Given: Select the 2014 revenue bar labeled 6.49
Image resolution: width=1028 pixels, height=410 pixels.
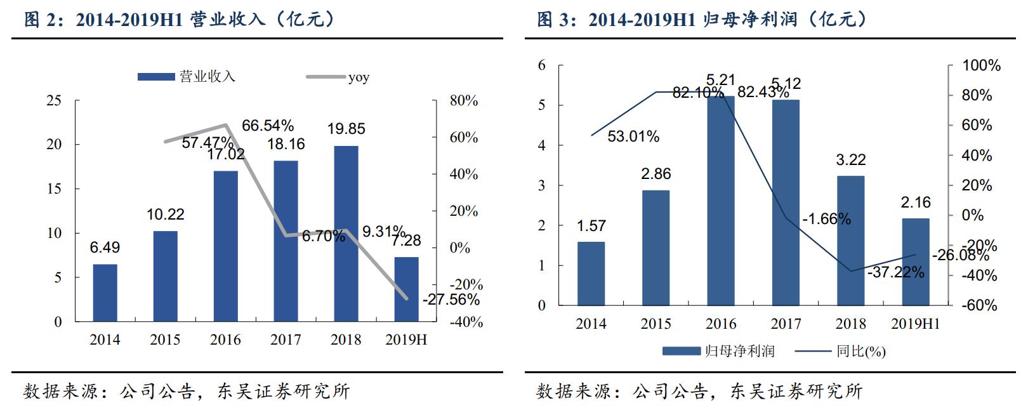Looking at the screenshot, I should [x=105, y=293].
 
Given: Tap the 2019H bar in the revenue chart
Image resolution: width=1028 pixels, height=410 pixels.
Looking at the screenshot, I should [x=406, y=289].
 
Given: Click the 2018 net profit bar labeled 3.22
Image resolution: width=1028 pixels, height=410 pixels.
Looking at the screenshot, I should [x=850, y=241].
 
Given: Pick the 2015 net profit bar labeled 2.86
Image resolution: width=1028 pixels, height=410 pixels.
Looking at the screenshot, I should [x=656, y=248].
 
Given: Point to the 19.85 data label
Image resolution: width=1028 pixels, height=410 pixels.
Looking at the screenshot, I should [x=346, y=129].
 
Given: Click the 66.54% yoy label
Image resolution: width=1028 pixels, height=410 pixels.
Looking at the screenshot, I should [x=267, y=126].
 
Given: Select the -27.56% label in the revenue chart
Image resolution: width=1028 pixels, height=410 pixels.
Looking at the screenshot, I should [x=451, y=300].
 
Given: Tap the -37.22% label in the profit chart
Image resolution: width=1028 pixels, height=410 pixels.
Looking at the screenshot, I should [x=895, y=272].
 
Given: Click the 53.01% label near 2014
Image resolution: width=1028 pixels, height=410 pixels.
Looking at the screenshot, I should [x=633, y=136].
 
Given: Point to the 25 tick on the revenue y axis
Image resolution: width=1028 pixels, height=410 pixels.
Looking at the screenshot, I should [x=54, y=100].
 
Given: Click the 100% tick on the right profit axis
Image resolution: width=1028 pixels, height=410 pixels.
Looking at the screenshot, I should [x=980, y=65].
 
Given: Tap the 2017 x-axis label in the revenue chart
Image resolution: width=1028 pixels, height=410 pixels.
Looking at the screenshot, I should [x=286, y=340].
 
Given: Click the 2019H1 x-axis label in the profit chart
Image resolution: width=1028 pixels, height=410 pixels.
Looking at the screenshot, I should [x=915, y=324].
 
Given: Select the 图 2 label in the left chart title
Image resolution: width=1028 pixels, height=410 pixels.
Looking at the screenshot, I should [x=40, y=20].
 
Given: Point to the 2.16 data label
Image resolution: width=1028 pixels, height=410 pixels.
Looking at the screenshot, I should [x=915, y=202].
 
